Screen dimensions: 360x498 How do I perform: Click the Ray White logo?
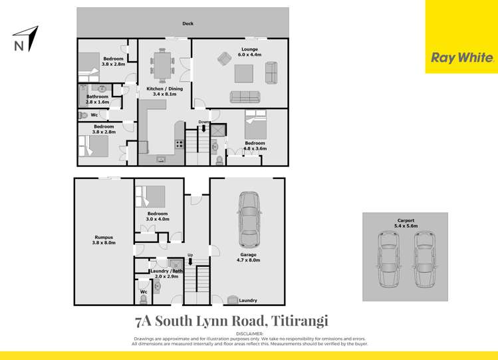(x=462, y=58)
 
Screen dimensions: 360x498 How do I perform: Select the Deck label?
(x=188, y=24)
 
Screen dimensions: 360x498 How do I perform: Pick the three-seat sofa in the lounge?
(x=245, y=97)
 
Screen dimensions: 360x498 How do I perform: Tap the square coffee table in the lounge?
(x=244, y=70)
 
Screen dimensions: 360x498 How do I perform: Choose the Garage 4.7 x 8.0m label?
(x=247, y=258)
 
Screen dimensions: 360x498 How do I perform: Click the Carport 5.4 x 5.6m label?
(x=405, y=223)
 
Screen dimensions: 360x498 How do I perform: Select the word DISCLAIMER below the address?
(x=249, y=333)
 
